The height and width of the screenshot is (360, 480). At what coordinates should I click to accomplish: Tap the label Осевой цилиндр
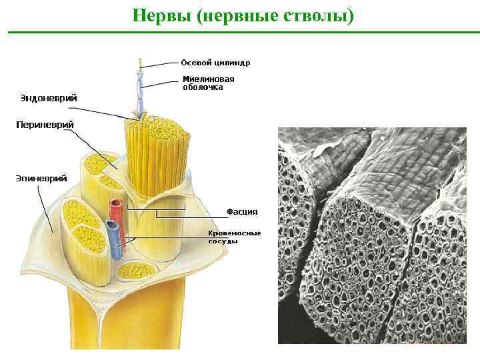tap(216, 63)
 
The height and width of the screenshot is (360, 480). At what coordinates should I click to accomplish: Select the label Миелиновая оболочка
tap(209, 82)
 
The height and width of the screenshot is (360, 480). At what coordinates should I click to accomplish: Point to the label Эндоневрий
tap(48, 98)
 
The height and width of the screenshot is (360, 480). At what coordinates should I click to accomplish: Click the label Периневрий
tap(45, 125)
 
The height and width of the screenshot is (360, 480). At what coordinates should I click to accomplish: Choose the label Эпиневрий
tap(41, 178)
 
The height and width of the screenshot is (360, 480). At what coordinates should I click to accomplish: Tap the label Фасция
tap(242, 211)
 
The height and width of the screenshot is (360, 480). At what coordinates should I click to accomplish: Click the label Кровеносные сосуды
tap(234, 237)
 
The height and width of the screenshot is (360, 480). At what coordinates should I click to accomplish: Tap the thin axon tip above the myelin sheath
tap(140, 63)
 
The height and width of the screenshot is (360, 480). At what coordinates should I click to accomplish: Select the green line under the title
tap(240, 32)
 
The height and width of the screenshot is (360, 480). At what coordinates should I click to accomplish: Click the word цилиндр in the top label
tap(233, 63)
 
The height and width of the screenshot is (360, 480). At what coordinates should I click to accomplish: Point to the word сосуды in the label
tap(223, 241)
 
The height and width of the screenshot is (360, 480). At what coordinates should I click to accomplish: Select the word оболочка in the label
tap(203, 87)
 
